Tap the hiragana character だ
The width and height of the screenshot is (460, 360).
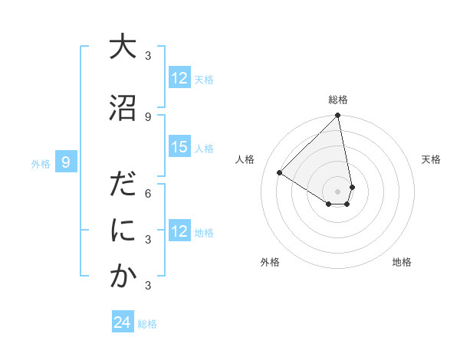click(123, 185)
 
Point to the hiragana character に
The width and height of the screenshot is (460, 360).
click(123, 231)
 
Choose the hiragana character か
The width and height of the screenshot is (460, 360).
click(123, 277)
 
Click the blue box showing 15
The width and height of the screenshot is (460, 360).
click(179, 147)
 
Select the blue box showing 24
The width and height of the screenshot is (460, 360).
click(123, 323)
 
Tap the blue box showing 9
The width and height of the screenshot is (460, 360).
click(66, 162)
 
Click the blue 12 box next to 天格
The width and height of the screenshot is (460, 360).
click(179, 78)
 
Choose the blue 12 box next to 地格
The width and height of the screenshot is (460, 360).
click(179, 231)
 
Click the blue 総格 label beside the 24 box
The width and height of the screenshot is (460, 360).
click(147, 324)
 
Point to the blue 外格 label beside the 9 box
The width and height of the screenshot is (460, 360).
click(40, 163)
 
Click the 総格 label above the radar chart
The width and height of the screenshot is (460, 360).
click(338, 100)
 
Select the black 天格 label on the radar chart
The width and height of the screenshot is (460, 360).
click(431, 159)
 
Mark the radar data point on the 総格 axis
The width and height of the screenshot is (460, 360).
click(338, 116)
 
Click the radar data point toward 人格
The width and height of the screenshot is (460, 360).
click(280, 173)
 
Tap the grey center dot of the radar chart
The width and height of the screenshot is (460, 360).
click(338, 191)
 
